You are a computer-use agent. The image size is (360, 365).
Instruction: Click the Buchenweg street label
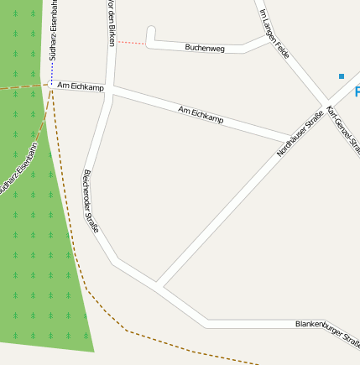205,49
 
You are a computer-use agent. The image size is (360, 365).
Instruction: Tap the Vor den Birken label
112,23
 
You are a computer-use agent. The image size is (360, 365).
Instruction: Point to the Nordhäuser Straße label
300,134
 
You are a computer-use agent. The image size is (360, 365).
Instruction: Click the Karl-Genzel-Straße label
342,125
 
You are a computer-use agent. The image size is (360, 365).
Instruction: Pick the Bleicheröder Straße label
91,202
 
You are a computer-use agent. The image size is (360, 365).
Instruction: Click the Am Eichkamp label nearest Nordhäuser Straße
201,115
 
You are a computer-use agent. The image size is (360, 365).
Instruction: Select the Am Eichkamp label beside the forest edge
81,86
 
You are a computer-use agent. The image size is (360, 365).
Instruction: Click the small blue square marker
342,76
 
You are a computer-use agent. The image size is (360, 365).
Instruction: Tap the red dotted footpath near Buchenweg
130,42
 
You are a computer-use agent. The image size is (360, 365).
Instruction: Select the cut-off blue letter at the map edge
356,91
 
